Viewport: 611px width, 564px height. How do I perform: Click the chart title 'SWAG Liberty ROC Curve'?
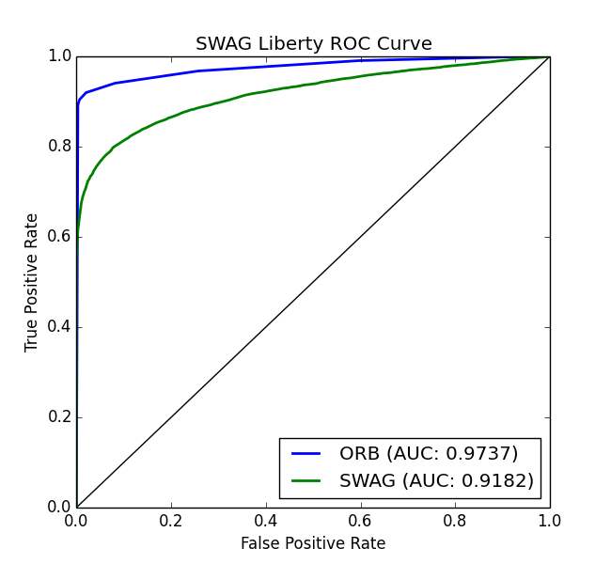(x=313, y=43)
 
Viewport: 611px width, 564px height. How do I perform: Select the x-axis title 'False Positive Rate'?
(x=313, y=543)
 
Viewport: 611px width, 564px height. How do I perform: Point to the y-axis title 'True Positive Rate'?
(x=32, y=282)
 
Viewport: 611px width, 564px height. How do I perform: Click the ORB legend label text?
(x=429, y=453)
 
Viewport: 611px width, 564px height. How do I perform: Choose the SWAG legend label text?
(x=436, y=481)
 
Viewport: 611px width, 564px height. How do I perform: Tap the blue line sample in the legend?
(x=306, y=453)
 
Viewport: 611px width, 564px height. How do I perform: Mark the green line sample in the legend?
(x=306, y=481)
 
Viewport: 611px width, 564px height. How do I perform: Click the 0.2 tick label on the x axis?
(x=171, y=520)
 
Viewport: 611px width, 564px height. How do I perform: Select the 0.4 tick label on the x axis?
(x=266, y=520)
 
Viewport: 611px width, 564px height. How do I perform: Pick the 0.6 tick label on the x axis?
(x=361, y=520)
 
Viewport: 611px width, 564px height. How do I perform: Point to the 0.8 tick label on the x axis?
(x=455, y=520)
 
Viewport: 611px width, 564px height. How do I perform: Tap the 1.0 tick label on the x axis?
(x=549, y=520)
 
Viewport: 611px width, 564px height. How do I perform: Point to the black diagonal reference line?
(x=313, y=282)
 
